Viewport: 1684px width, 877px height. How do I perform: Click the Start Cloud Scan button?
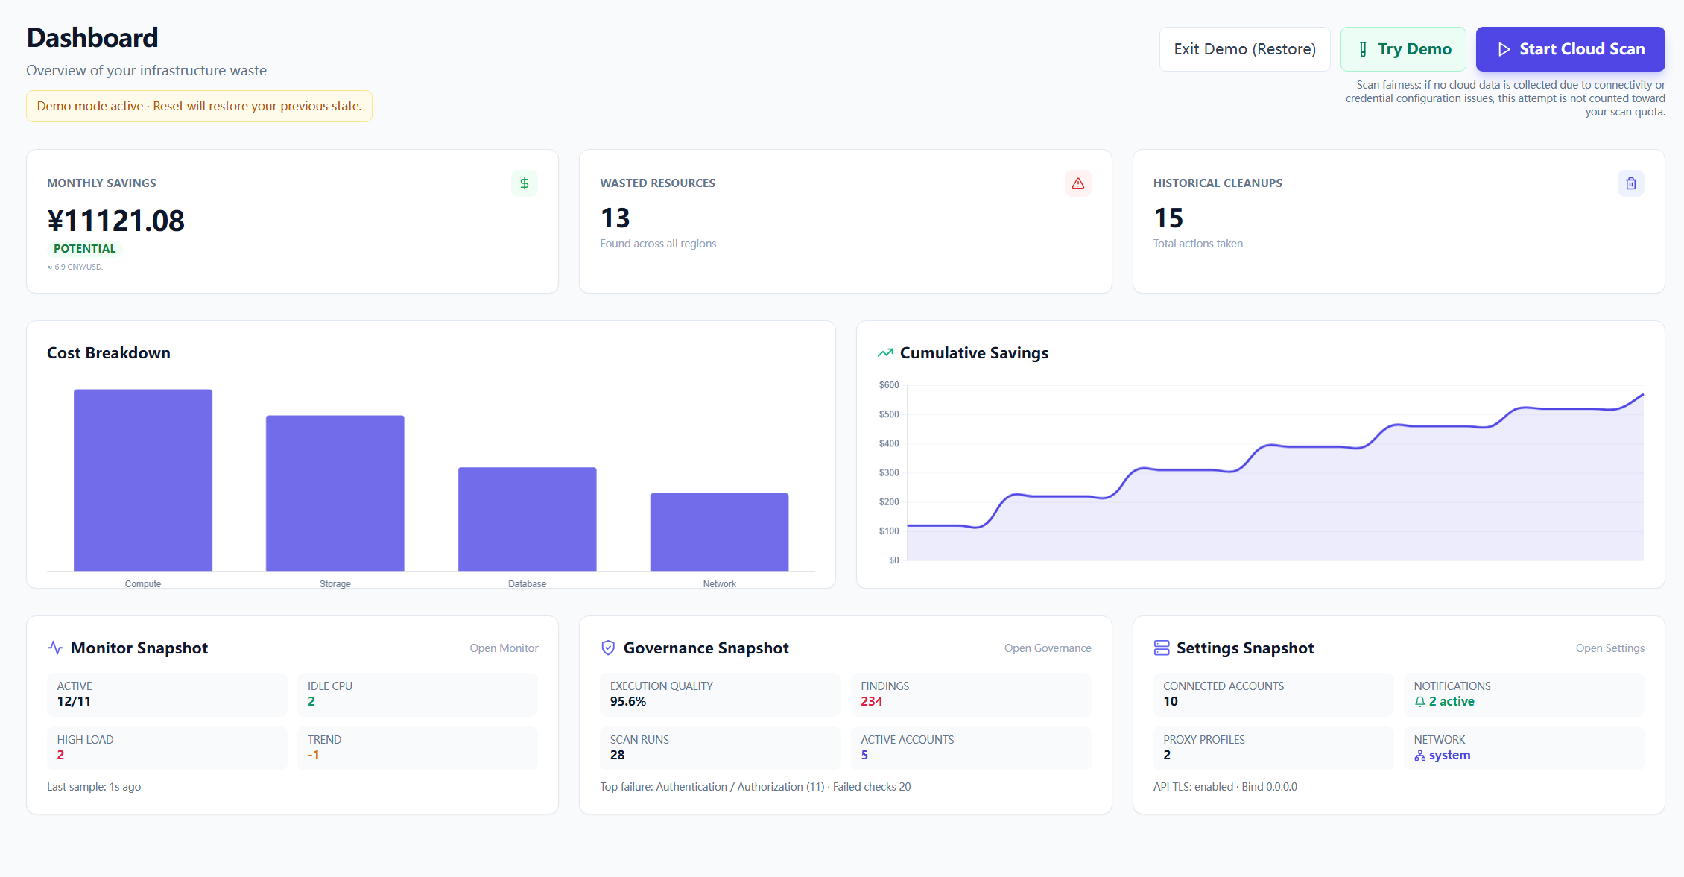1570,49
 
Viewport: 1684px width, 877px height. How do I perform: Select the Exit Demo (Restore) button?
1244,49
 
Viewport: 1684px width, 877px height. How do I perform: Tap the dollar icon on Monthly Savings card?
525,183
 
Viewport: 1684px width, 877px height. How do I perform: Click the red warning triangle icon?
1077,183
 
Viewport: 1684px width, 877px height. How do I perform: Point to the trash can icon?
1630,183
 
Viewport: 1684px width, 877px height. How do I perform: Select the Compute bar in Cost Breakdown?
143,480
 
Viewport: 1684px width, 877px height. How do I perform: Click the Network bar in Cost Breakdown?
719,532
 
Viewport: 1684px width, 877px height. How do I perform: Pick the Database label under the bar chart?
527,584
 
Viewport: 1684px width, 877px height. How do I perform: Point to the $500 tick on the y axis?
889,414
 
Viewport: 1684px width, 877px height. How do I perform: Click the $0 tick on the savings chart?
893,560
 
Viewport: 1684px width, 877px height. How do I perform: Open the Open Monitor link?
504,648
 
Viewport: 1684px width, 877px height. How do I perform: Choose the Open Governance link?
1047,648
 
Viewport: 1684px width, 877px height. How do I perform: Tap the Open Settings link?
1609,648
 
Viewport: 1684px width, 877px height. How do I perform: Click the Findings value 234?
871,701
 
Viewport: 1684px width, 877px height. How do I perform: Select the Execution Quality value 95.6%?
628,701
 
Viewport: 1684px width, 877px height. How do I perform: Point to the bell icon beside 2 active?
1420,702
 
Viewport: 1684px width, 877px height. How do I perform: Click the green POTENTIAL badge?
85,249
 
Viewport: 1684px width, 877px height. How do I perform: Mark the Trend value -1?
314,755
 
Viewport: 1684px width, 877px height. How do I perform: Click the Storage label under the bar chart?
335,584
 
